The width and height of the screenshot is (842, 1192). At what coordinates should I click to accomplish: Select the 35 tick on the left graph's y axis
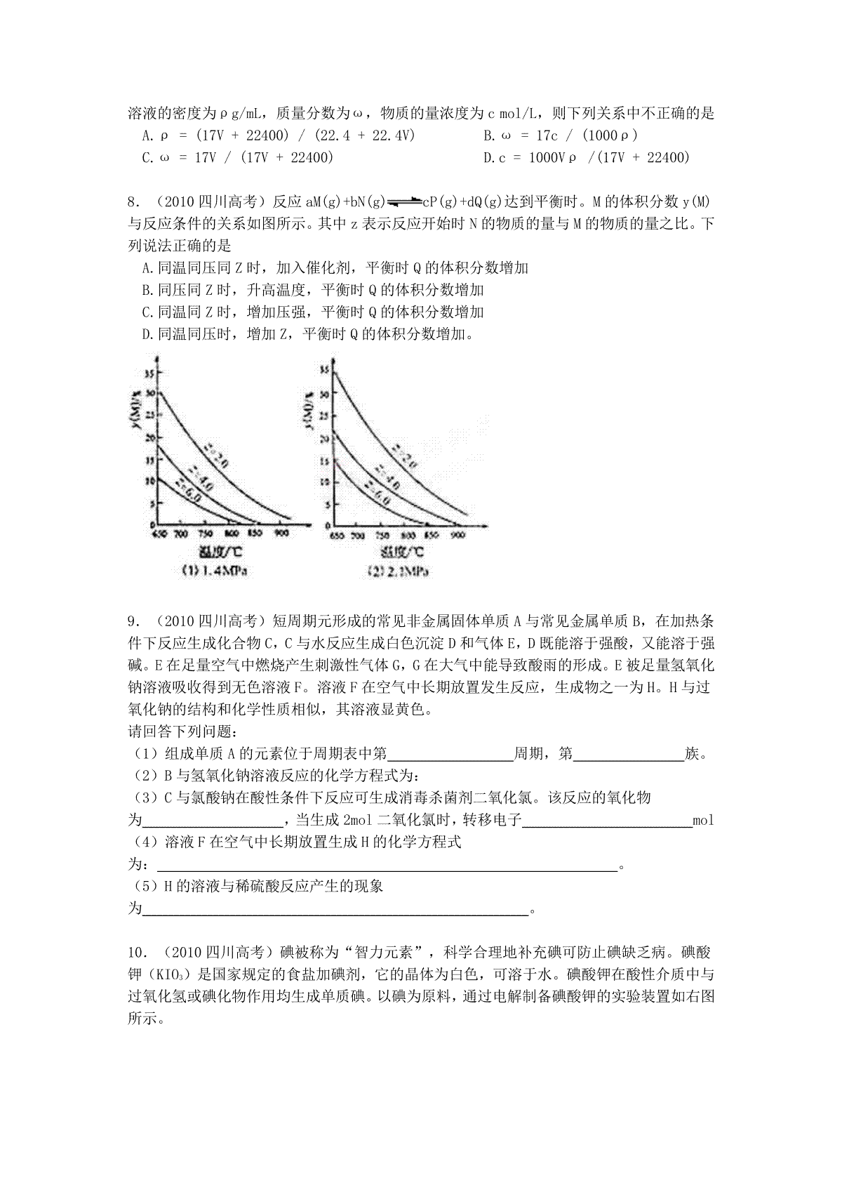point(149,371)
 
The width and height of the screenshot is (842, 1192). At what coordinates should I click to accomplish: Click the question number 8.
point(132,202)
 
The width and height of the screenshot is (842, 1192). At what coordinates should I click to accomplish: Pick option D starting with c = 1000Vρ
point(587,157)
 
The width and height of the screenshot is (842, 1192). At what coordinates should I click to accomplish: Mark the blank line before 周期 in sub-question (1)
point(450,755)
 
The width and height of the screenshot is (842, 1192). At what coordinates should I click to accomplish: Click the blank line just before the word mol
point(607,821)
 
